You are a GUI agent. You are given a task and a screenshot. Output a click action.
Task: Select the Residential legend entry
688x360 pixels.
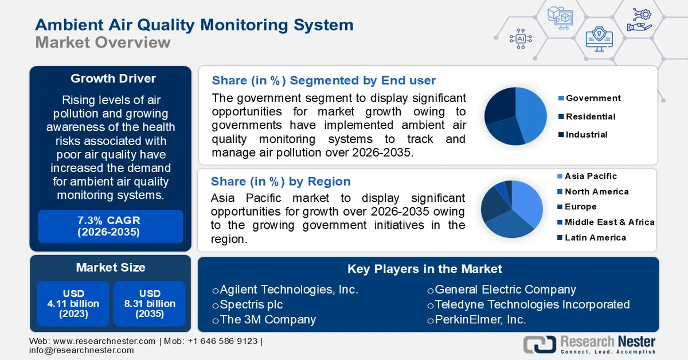click(x=590, y=117)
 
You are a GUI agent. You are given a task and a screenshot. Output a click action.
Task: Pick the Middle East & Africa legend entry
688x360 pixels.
click(x=609, y=222)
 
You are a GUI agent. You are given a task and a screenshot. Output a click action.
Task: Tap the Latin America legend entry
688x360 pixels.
click(x=595, y=238)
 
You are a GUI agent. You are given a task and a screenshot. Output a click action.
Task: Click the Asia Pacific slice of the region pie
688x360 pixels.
click(x=526, y=202)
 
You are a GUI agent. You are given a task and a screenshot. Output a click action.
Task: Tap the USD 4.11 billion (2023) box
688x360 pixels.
click(x=73, y=304)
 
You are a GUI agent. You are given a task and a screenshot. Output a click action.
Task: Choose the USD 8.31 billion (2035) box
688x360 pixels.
click(x=149, y=304)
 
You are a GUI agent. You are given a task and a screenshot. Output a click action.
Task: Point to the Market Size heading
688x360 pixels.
click(x=111, y=268)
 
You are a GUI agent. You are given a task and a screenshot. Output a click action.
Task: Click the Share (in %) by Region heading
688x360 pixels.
click(x=280, y=182)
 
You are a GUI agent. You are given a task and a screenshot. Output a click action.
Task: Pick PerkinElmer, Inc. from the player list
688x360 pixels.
click(x=480, y=319)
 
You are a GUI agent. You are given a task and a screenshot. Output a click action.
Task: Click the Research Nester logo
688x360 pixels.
click(x=589, y=344)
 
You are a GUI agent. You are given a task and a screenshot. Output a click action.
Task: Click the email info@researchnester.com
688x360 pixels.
click(x=81, y=350)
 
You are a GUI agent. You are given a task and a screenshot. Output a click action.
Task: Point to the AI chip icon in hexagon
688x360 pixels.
click(x=521, y=38)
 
